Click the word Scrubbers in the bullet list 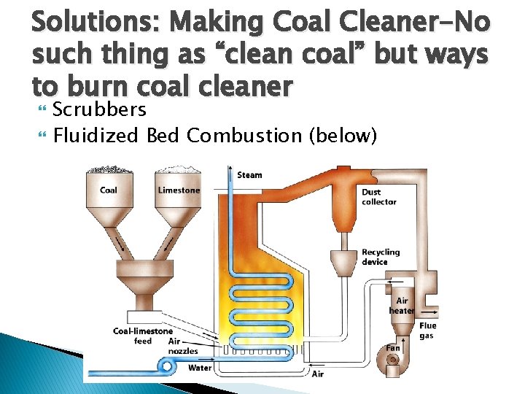(100, 110)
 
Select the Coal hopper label (108, 191)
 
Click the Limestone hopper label (179, 190)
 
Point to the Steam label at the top (250, 175)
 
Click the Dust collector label (379, 197)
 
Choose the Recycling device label (381, 257)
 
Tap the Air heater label (401, 306)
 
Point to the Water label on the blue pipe (201, 368)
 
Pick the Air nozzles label (183, 346)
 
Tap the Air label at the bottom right (318, 374)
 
